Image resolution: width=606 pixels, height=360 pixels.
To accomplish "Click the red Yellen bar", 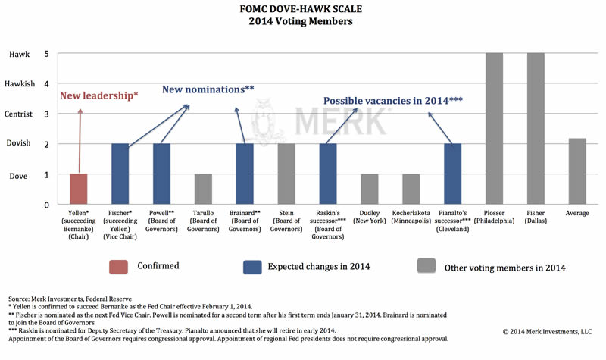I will tap(79, 189).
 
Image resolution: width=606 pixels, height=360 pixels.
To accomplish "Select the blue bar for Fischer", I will tap(120, 174).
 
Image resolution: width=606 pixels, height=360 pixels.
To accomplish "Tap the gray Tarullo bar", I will tap(203, 189).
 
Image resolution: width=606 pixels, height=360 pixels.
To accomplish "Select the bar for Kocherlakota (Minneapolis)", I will tap(410, 189).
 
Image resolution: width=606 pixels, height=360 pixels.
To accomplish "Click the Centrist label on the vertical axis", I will tap(20, 114).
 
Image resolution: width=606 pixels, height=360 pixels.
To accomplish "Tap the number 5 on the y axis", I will tap(46, 54).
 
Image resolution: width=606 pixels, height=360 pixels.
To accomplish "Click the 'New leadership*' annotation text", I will tap(99, 96).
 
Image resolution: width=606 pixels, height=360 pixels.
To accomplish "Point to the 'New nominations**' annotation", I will tap(208, 89).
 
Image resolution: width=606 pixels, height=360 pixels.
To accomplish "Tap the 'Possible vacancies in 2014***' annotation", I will tap(392, 100).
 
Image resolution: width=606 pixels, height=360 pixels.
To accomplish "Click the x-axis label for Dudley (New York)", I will tap(369, 217).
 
